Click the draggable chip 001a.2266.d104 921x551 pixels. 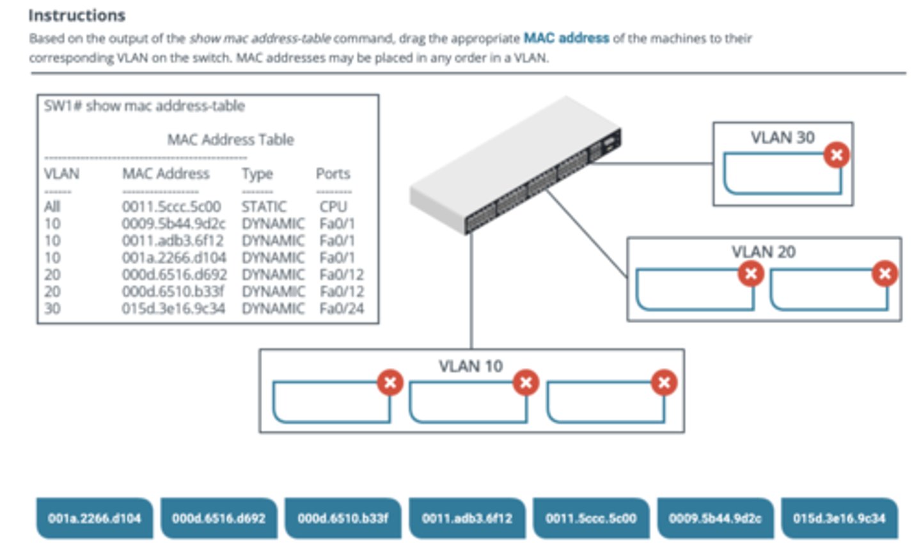tap(94, 518)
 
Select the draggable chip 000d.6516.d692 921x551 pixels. tap(218, 518)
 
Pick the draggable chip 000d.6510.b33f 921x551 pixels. tap(342, 518)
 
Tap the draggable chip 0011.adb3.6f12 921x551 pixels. tap(467, 518)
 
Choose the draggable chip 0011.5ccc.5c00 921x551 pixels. tap(591, 518)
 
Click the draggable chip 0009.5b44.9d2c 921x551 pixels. tap(715, 518)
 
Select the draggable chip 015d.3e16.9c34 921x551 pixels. tap(839, 518)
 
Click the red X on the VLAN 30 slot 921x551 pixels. tap(836, 155)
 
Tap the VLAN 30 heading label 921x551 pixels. tap(782, 138)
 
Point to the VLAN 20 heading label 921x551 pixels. tap(763, 252)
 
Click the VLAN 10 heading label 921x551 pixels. tap(470, 366)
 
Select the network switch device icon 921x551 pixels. tap(516, 166)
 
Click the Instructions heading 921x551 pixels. tap(77, 15)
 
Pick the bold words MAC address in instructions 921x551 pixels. tap(566, 38)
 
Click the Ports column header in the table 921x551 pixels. tap(333, 173)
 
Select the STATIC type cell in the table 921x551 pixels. tap(264, 207)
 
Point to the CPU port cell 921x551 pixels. tap(333, 207)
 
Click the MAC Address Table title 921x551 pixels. tap(230, 140)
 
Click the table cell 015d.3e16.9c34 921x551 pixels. tap(173, 308)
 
